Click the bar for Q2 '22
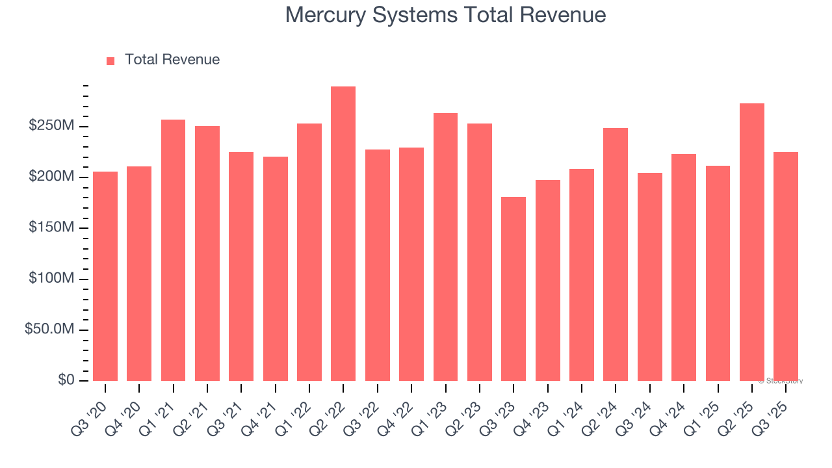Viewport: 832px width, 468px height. coord(343,234)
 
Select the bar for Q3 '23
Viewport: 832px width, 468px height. coord(513,289)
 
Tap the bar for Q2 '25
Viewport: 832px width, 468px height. coord(752,242)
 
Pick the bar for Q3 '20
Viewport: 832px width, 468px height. coord(105,276)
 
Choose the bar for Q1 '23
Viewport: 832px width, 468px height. coord(445,247)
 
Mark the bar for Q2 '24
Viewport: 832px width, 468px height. coord(616,254)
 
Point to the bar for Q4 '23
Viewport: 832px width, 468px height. coord(547,280)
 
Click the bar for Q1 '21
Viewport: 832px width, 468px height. coord(173,250)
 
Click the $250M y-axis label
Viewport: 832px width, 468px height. coord(51,125)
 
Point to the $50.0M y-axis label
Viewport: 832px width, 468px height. coord(49,330)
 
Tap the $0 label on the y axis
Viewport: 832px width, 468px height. coord(66,380)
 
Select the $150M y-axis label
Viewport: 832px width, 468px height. coord(51,227)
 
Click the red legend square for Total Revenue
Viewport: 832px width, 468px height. coord(110,60)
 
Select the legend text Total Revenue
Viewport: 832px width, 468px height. coord(172,60)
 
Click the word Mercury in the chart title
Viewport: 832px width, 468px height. coord(326,15)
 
